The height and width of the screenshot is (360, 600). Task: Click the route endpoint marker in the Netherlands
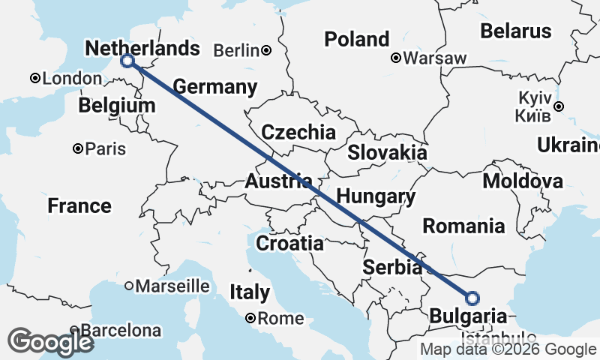pos(127,61)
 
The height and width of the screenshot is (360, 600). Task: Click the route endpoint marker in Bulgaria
pos(472,298)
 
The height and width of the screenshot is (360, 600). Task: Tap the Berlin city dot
pos(266,51)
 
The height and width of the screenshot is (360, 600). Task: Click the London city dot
pos(34,78)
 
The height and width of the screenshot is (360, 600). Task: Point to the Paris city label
pos(105,148)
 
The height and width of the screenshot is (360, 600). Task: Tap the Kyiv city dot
pos(559,106)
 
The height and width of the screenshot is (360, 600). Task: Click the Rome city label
pos(280,318)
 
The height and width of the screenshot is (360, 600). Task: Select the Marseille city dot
pos(128,285)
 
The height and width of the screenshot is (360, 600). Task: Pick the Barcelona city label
pos(121,330)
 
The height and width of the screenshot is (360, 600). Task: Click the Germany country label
pos(215,87)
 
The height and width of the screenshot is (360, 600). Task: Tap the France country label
pos(79,205)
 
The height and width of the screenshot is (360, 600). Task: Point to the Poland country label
pos(356,39)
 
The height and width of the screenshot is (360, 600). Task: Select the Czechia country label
pos(298,133)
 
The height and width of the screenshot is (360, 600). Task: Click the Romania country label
pos(463,226)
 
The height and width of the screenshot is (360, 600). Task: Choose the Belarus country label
pos(516,31)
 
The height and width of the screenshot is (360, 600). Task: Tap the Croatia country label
pos(290,244)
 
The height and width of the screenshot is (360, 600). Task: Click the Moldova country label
pos(523,181)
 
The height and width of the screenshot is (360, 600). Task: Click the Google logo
pos(51,342)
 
